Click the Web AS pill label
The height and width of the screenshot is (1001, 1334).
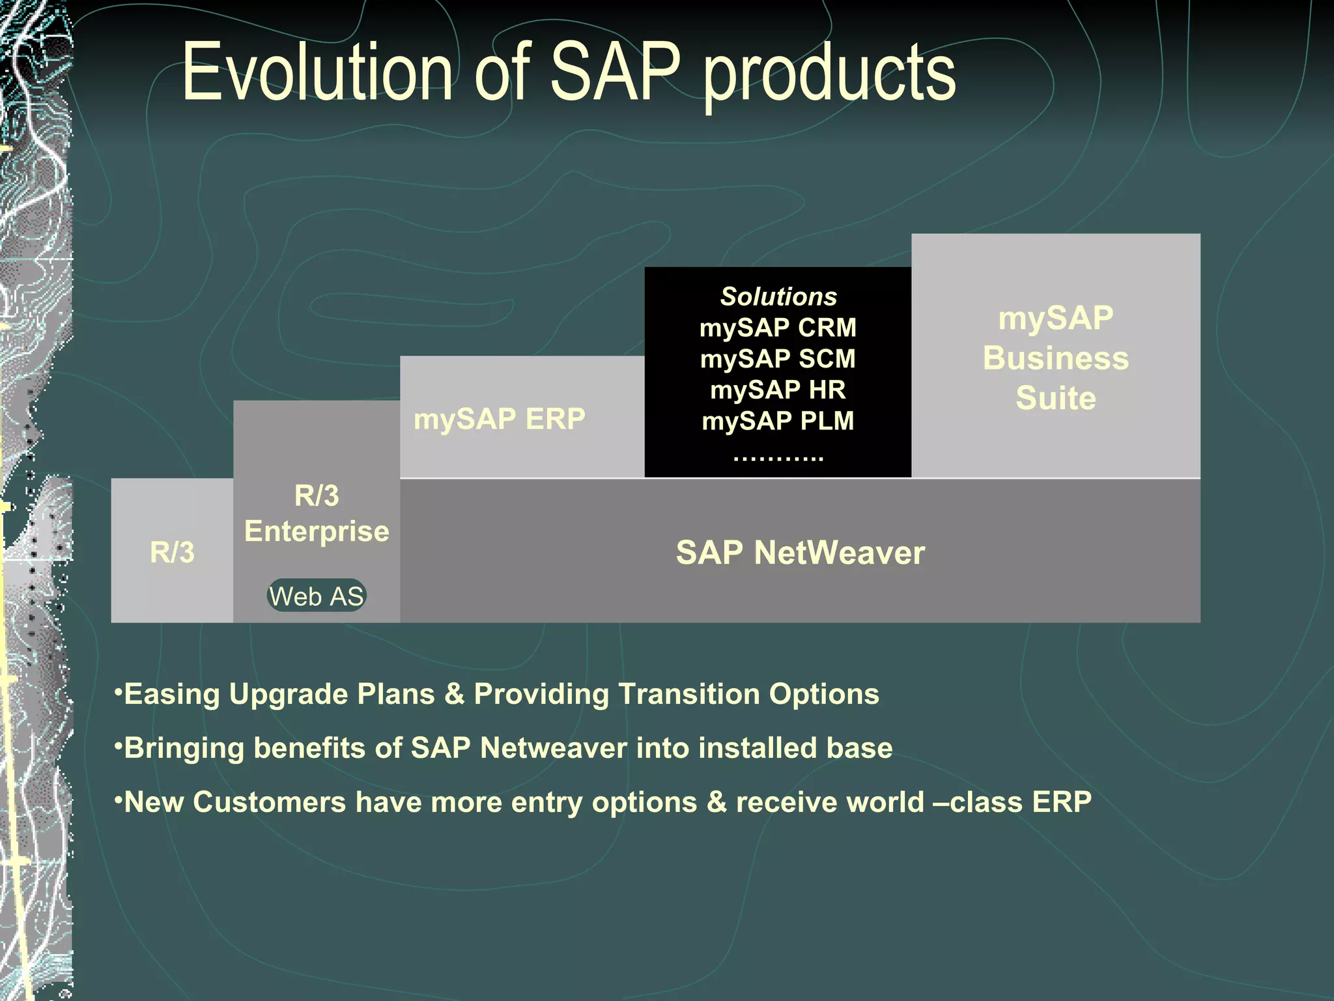(x=317, y=596)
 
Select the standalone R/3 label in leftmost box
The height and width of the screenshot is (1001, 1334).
(x=172, y=553)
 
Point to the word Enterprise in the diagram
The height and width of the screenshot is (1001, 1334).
(x=317, y=531)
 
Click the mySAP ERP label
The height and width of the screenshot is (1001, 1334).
(x=500, y=418)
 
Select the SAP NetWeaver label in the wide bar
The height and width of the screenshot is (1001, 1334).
(x=800, y=553)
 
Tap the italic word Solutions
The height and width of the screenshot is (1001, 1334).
(x=778, y=297)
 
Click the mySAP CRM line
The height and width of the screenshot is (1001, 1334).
(x=778, y=327)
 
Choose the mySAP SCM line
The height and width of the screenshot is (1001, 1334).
(x=778, y=358)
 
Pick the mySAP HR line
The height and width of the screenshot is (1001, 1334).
(x=778, y=390)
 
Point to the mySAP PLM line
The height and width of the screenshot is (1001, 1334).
(x=778, y=421)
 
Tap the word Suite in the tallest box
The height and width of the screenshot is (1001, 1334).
(x=1055, y=398)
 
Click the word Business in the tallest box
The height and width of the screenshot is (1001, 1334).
(x=1055, y=358)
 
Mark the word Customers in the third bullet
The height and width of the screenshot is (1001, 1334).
(x=269, y=802)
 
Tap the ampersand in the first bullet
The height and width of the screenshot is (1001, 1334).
(x=454, y=694)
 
